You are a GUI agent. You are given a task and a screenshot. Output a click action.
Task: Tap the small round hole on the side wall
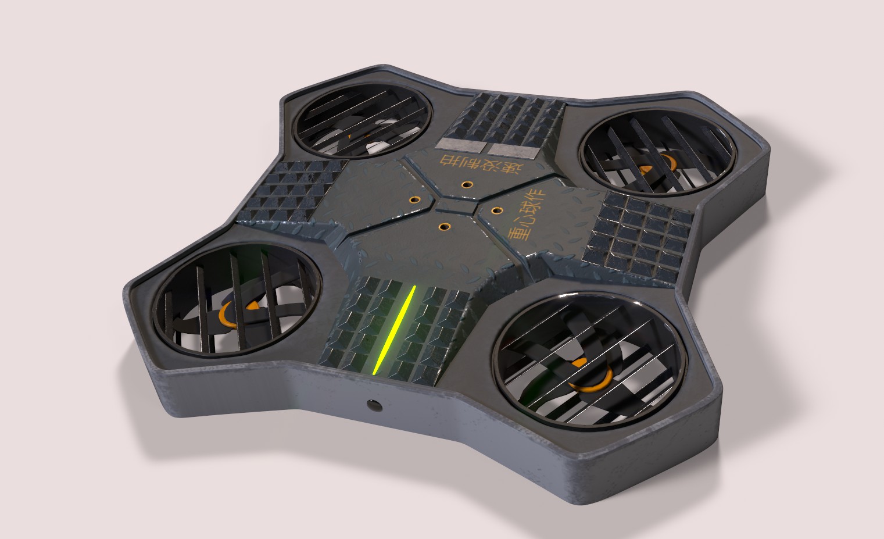click(370, 404)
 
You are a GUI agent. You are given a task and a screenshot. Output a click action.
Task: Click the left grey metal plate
click(457, 145)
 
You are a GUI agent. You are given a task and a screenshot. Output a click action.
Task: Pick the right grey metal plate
click(513, 151)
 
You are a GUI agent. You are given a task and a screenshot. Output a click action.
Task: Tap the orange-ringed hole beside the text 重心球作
click(498, 209)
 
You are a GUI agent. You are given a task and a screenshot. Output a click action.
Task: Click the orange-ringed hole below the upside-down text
click(466, 185)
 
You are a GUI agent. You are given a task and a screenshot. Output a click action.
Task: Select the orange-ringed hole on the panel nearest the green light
click(444, 226)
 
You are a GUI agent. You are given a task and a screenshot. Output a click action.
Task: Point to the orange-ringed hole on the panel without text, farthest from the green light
click(414, 199)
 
